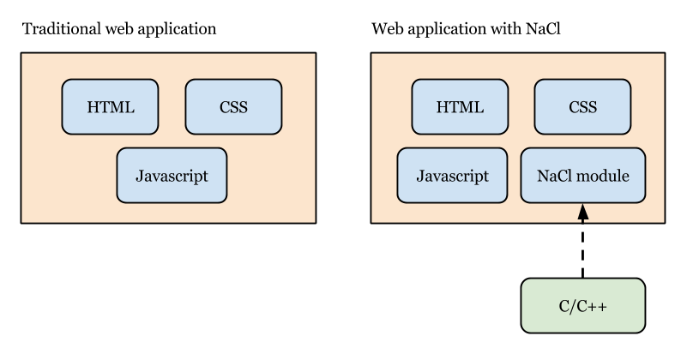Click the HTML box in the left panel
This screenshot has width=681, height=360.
click(110, 107)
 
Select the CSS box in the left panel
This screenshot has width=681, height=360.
click(233, 107)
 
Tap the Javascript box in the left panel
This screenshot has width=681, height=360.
click(172, 176)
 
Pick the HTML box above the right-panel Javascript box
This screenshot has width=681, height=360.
click(460, 107)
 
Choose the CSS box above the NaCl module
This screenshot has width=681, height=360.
click(582, 107)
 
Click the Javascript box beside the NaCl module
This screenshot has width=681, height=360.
click(452, 176)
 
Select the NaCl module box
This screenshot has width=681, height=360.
click(582, 176)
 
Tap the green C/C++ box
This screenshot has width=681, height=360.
click(583, 306)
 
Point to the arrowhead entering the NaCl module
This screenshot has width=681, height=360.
click(583, 211)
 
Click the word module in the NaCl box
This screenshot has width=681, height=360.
click(603, 176)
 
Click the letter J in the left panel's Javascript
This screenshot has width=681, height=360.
click(138, 176)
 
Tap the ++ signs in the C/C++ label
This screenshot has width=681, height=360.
click(598, 306)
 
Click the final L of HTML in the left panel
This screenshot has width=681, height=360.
click(130, 107)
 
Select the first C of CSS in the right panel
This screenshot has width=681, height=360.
click(573, 107)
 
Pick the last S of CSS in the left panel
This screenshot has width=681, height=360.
click(244, 107)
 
